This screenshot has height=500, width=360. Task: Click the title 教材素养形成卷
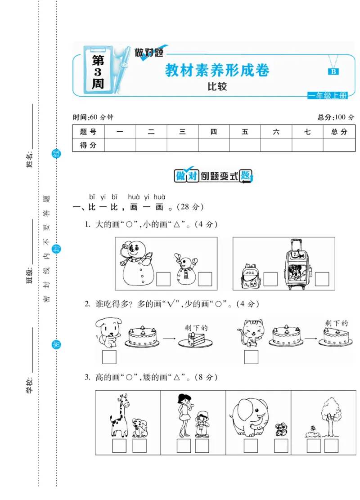tap(217, 71)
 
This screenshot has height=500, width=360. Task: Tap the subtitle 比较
tap(217, 87)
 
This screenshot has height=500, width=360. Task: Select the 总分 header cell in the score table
tap(339, 132)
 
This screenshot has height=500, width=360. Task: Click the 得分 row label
tap(88, 145)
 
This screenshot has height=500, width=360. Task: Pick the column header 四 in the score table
tap(213, 132)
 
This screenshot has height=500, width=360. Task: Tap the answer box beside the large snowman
tap(163, 279)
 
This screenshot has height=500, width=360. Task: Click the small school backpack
tap(250, 276)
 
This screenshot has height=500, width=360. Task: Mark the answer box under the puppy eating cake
tap(109, 357)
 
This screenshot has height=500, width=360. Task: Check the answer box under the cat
tap(251, 357)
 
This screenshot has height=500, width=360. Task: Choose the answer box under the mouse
tap(281, 446)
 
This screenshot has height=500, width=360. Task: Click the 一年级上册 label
tap(328, 95)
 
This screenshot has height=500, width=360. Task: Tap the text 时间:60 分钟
tap(93, 117)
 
